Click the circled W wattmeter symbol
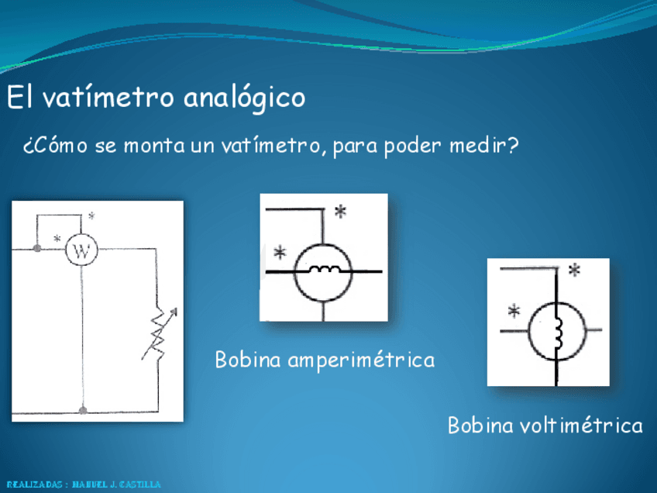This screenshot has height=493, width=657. coord(81,250)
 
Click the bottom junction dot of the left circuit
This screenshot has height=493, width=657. coord(83,409)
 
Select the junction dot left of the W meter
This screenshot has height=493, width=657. coord(37,249)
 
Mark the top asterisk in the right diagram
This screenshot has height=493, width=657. coord(575,271)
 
